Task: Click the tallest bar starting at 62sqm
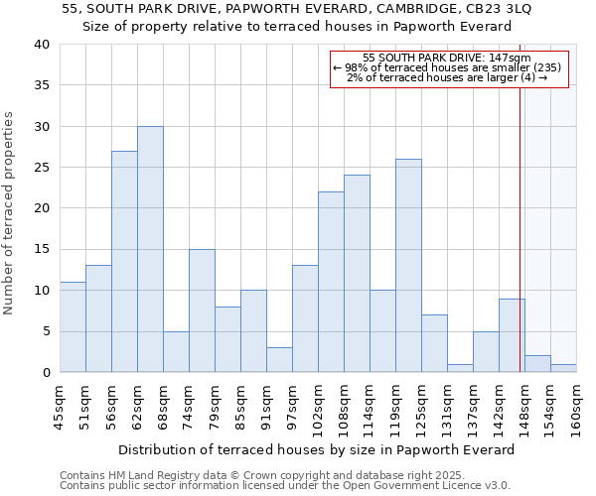point(150,249)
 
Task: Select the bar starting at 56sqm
point(124,262)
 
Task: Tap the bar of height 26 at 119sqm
point(408,266)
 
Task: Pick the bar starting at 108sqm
point(357,274)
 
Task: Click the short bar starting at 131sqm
point(460,368)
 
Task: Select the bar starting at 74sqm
point(202,310)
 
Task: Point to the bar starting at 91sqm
point(279,360)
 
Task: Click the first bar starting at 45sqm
point(73,327)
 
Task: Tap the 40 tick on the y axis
point(41,45)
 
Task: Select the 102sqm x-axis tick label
point(318,407)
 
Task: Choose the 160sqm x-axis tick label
point(576,407)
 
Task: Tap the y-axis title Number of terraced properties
point(9,212)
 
